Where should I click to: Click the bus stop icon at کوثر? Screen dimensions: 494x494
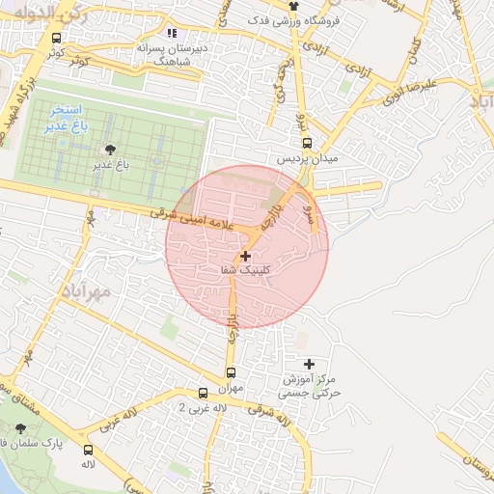click(x=57, y=38)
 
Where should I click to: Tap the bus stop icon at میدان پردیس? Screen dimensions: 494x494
click(x=307, y=142)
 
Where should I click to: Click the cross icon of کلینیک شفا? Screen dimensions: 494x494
click(x=246, y=257)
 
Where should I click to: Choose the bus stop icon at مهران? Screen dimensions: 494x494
click(x=231, y=371)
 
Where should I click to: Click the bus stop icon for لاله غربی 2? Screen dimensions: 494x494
click(x=203, y=393)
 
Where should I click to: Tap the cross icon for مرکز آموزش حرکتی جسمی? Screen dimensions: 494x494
click(x=309, y=364)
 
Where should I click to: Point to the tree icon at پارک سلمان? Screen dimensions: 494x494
click(x=21, y=427)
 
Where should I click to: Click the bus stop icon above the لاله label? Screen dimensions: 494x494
click(x=89, y=450)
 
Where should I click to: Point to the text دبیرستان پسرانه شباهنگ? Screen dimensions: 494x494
click(x=174, y=52)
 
